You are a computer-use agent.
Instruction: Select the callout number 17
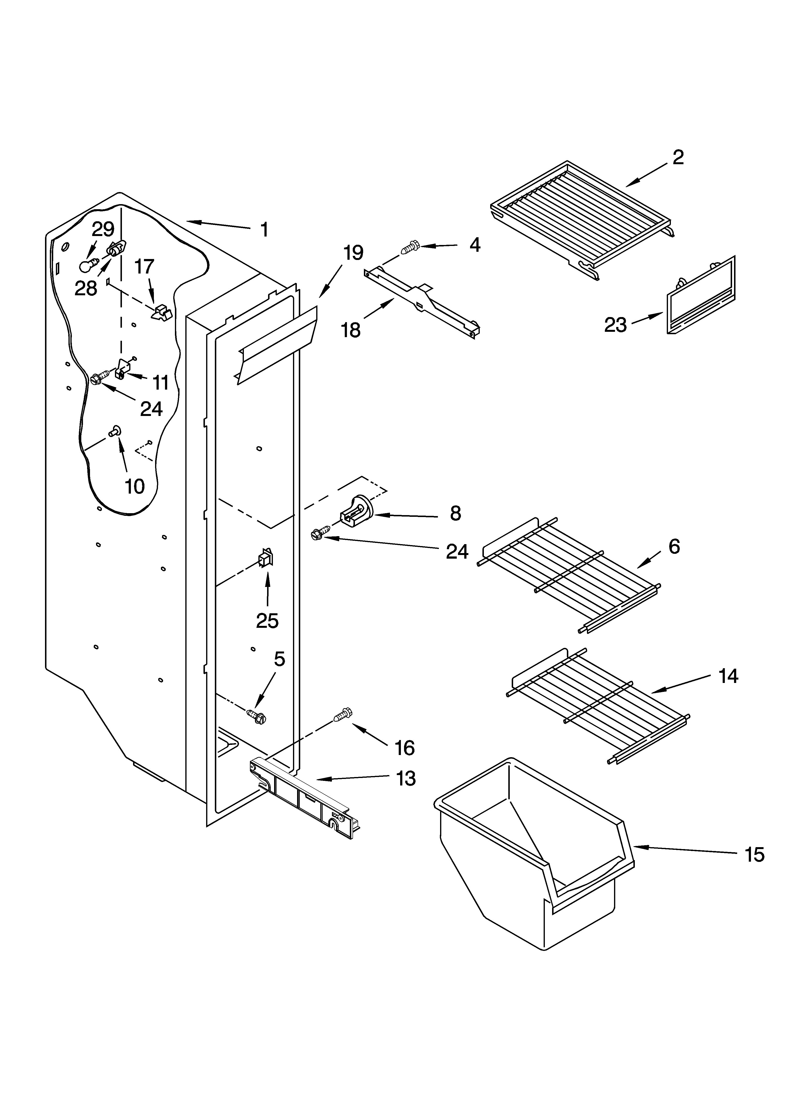coord(144,267)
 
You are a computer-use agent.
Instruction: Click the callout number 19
coord(353,253)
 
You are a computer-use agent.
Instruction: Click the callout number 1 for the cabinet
coord(264,230)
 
